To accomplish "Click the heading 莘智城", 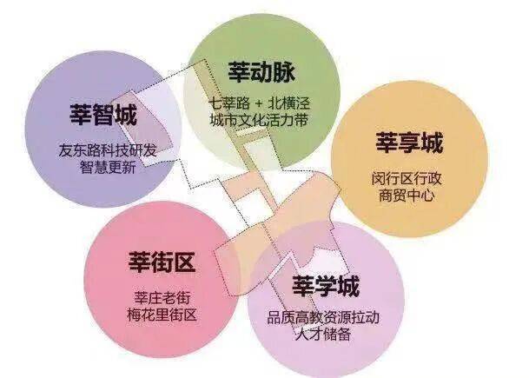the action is [x=103, y=115].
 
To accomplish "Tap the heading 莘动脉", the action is [x=261, y=71].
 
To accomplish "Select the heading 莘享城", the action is [x=409, y=143].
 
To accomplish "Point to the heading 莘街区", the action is [x=162, y=262].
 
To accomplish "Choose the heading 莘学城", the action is [x=325, y=286].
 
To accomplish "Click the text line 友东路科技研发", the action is [x=108, y=150].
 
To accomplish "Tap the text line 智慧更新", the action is [x=108, y=167].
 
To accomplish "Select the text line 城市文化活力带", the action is [x=259, y=120].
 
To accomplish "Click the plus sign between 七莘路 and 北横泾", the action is [x=259, y=103].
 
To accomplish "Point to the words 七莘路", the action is [x=229, y=103].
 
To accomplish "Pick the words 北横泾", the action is [x=288, y=103].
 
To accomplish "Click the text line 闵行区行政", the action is [x=407, y=179].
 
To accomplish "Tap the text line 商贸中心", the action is [x=407, y=196].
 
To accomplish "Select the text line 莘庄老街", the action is [x=162, y=298].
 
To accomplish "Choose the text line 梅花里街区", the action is [x=162, y=315].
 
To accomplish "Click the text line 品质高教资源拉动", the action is [x=323, y=317].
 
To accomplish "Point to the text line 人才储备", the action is [x=323, y=335].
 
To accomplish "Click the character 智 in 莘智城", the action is [x=103, y=115].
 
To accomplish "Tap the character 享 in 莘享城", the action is [x=409, y=143].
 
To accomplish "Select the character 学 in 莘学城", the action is [x=325, y=286].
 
